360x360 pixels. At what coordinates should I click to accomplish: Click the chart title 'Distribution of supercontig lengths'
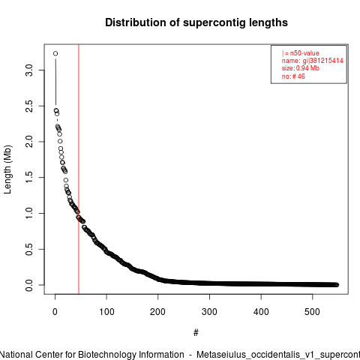(x=196, y=22)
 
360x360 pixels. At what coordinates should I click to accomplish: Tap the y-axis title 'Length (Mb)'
(x=7, y=169)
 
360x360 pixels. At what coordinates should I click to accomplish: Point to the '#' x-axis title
(x=196, y=333)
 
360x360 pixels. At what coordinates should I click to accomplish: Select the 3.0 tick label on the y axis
(x=29, y=70)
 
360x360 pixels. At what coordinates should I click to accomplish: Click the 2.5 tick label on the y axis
(x=29, y=106)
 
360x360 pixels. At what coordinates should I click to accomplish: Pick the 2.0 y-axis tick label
(x=29, y=142)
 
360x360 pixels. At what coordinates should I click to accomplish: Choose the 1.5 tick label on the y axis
(x=29, y=178)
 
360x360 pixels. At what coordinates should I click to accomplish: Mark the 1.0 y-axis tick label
(x=29, y=213)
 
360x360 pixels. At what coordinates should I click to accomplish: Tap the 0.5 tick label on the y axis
(x=29, y=249)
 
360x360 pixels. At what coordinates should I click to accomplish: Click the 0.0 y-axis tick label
(x=29, y=285)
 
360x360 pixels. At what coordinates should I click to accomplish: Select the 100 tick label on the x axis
(x=106, y=312)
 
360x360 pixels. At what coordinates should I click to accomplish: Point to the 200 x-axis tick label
(x=158, y=312)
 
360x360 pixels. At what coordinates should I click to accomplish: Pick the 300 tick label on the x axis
(x=209, y=312)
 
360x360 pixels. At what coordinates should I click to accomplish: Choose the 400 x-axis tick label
(x=261, y=312)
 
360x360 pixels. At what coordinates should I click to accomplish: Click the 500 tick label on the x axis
(x=313, y=312)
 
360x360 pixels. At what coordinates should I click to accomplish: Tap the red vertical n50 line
(x=79, y=169)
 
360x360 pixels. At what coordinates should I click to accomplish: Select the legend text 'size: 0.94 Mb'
(x=301, y=68)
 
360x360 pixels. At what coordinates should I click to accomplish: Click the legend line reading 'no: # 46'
(x=293, y=76)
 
